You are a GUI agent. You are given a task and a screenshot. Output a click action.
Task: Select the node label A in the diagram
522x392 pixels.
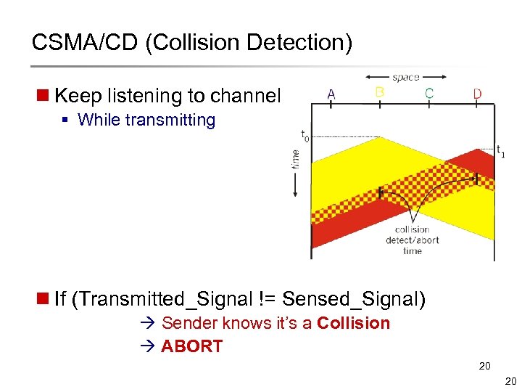tap(331, 94)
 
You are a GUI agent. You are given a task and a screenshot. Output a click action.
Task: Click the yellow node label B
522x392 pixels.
tap(379, 92)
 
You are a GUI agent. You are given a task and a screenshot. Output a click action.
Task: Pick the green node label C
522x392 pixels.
tap(429, 93)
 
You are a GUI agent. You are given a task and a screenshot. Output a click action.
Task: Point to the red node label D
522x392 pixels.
tap(477, 94)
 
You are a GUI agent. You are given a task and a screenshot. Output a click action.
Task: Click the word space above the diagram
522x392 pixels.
tap(405, 77)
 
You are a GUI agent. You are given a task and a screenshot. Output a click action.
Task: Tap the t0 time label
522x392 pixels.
tap(304, 135)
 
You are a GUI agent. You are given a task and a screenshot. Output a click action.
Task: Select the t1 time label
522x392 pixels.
tap(501, 152)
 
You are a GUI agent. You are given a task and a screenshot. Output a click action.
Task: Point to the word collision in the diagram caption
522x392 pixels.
tap(413, 230)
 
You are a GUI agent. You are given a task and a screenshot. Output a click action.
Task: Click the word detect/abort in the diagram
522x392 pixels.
tap(413, 240)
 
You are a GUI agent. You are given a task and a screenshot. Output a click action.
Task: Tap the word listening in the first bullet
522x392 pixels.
tap(137, 96)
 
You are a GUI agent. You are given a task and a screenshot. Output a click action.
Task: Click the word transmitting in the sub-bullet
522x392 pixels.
tap(170, 120)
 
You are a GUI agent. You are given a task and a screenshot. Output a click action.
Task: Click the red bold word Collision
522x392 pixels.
tap(353, 323)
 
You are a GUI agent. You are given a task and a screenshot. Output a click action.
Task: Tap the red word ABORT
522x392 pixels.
tap(191, 346)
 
